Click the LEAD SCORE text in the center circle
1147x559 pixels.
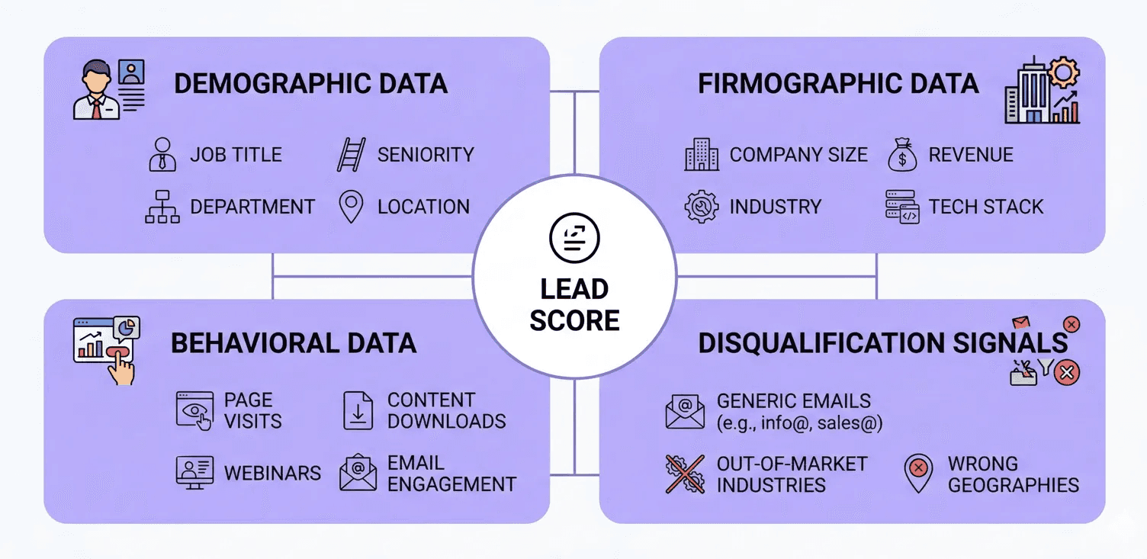point(574,305)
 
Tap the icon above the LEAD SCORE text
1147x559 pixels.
point(574,238)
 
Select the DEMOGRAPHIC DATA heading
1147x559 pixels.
point(310,84)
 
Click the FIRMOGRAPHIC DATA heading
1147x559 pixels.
point(838,84)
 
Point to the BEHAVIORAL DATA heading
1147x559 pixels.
point(294,343)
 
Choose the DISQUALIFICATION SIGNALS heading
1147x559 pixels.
point(883,343)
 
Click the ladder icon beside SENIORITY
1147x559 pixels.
point(351,155)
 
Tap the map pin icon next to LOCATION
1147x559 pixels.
point(351,207)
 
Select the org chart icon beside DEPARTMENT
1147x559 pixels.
point(162,207)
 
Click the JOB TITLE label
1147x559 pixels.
point(236,155)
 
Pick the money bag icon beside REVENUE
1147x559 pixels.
point(902,155)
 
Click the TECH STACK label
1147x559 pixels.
point(985,207)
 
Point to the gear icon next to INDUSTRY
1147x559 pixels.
point(701,207)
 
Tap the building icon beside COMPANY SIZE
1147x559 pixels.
point(701,155)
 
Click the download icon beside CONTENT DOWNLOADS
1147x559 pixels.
point(358,410)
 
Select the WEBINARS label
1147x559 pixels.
point(272,474)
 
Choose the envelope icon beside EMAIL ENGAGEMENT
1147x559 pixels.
point(358,473)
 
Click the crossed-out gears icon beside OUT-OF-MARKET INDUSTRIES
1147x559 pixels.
point(684,474)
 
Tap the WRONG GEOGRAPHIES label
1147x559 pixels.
point(1013,474)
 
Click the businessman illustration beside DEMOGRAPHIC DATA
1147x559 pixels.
point(97,92)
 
